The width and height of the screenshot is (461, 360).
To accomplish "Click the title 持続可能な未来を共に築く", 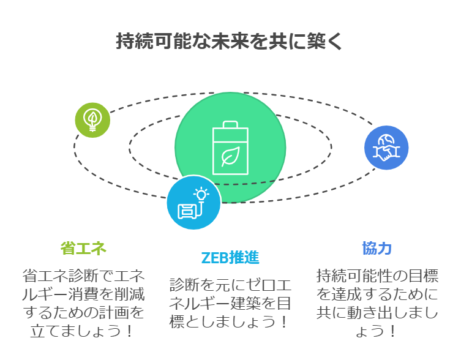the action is point(229,41).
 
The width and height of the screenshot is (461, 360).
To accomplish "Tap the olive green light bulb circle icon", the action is point(92,120).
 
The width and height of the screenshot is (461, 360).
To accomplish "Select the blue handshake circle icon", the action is point(386,148).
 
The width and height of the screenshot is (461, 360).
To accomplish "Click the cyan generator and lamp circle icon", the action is point(193,203).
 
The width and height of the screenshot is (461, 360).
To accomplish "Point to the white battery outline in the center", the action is point(230,148).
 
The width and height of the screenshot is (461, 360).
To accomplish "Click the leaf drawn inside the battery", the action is point(231,156).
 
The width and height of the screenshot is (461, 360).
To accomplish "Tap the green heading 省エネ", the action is point(83,248).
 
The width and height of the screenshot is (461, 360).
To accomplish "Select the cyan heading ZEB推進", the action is point(230,258).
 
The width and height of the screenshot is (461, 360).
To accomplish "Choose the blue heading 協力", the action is point(377,248).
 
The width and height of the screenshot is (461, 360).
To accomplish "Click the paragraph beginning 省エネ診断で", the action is point(83,303).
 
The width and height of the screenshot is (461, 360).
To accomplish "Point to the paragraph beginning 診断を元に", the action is point(230,303).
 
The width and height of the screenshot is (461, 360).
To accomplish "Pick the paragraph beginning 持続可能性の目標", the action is point(377,303).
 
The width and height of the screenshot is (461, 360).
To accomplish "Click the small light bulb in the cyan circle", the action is point(201,194).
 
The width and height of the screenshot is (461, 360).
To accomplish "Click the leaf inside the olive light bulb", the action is point(92,118).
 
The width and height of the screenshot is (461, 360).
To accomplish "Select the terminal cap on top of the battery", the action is point(230,124).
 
